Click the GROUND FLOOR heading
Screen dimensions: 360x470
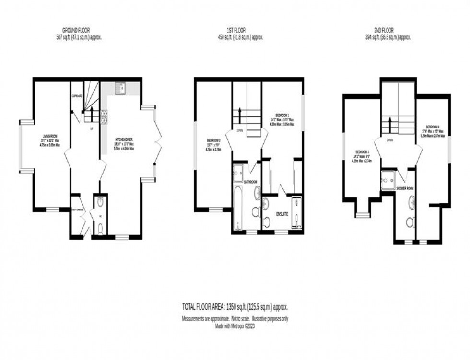pos(79,30)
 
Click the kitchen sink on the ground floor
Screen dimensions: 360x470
pos(120,88)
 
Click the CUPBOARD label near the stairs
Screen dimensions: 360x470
pos(77,96)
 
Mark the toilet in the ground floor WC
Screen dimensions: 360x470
pos(100,229)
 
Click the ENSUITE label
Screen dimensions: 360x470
pos(282,214)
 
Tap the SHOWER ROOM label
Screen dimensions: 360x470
pos(405,189)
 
